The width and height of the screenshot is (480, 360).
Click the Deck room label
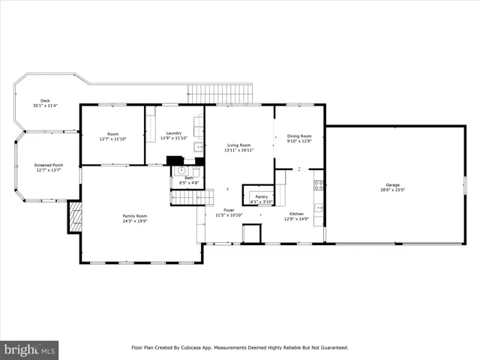tap(45, 100)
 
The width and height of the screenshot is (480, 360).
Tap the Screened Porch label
tap(47, 164)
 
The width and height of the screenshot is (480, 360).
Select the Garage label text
tap(392, 184)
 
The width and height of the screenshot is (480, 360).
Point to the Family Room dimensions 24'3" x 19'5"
tap(135, 221)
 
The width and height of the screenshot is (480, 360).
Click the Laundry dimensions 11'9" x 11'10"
tap(174, 138)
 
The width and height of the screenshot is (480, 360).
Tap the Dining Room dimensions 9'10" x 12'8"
tap(299, 141)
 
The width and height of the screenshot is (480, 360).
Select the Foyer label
tap(229, 210)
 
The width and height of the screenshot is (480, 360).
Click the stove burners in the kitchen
tap(318, 185)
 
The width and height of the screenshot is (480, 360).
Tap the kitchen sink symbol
tap(319, 208)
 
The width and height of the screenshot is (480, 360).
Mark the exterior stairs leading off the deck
tap(221, 94)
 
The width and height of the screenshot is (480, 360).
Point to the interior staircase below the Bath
tap(187, 197)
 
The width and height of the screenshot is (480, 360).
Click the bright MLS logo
tap(29, 349)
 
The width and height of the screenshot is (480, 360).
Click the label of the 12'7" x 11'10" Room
tap(113, 133)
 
